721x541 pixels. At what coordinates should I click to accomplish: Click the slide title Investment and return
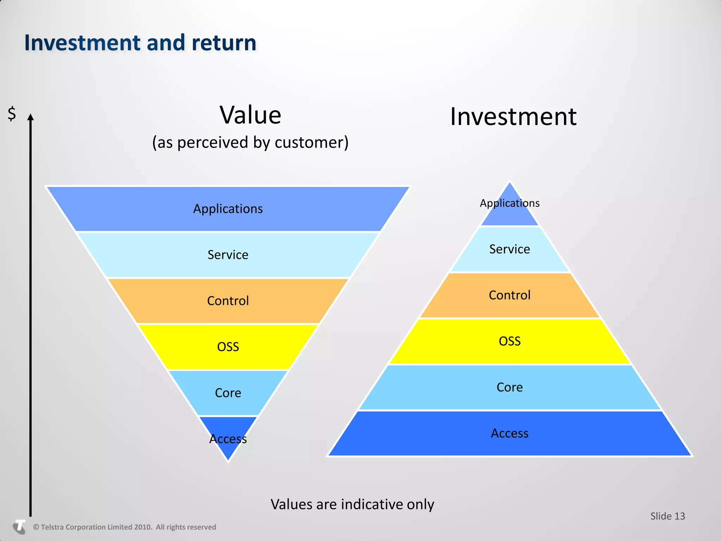tap(140, 43)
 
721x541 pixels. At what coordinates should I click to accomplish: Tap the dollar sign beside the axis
tap(12, 114)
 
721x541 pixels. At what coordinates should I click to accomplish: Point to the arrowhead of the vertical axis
tap(31, 117)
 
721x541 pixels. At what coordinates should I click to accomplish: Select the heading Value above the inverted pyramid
tap(250, 115)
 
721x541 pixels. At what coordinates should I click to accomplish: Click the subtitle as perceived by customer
tap(250, 142)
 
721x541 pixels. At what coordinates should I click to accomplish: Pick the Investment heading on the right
tap(513, 117)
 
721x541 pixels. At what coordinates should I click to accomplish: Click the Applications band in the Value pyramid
tap(228, 209)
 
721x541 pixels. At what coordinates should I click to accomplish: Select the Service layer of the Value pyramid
tap(228, 255)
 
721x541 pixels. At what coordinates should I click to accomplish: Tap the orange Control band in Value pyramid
tap(228, 301)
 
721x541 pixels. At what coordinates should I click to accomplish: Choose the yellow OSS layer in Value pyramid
tap(228, 347)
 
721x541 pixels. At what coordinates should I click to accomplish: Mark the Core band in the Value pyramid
tap(228, 393)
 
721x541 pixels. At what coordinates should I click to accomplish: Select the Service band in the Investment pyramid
tap(509, 249)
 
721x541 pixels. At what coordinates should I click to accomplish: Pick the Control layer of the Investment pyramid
tap(509, 295)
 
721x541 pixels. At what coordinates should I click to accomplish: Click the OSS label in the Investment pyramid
tap(509, 341)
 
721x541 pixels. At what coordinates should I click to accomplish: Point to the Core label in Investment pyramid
tap(509, 387)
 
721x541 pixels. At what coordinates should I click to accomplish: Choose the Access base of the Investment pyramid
tap(509, 433)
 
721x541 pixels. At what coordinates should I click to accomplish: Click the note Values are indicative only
tap(352, 504)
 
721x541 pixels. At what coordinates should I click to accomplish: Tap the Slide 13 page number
tap(667, 516)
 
